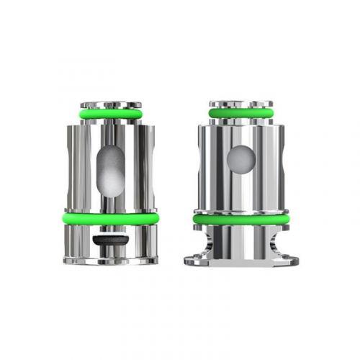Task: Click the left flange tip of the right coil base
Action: [x=189, y=260]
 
